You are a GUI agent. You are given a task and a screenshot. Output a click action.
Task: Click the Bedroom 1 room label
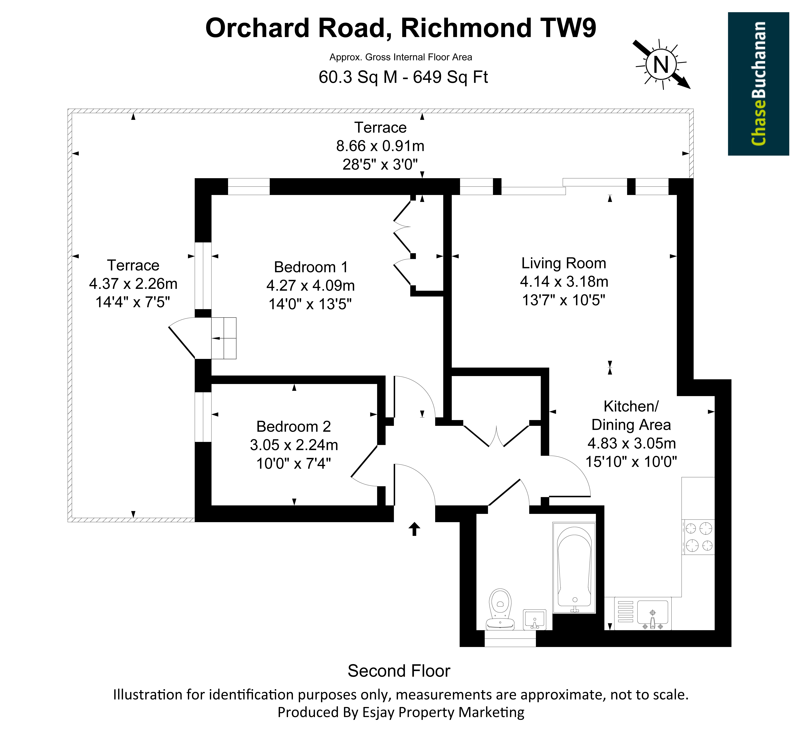point(311,267)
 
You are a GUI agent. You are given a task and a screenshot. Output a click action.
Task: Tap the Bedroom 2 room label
point(294,426)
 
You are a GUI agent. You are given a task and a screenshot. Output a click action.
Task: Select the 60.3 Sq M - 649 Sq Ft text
point(403,77)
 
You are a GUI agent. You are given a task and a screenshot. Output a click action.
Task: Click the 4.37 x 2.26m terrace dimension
point(133,284)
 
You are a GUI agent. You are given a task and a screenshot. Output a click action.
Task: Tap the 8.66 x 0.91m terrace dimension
point(380,146)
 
